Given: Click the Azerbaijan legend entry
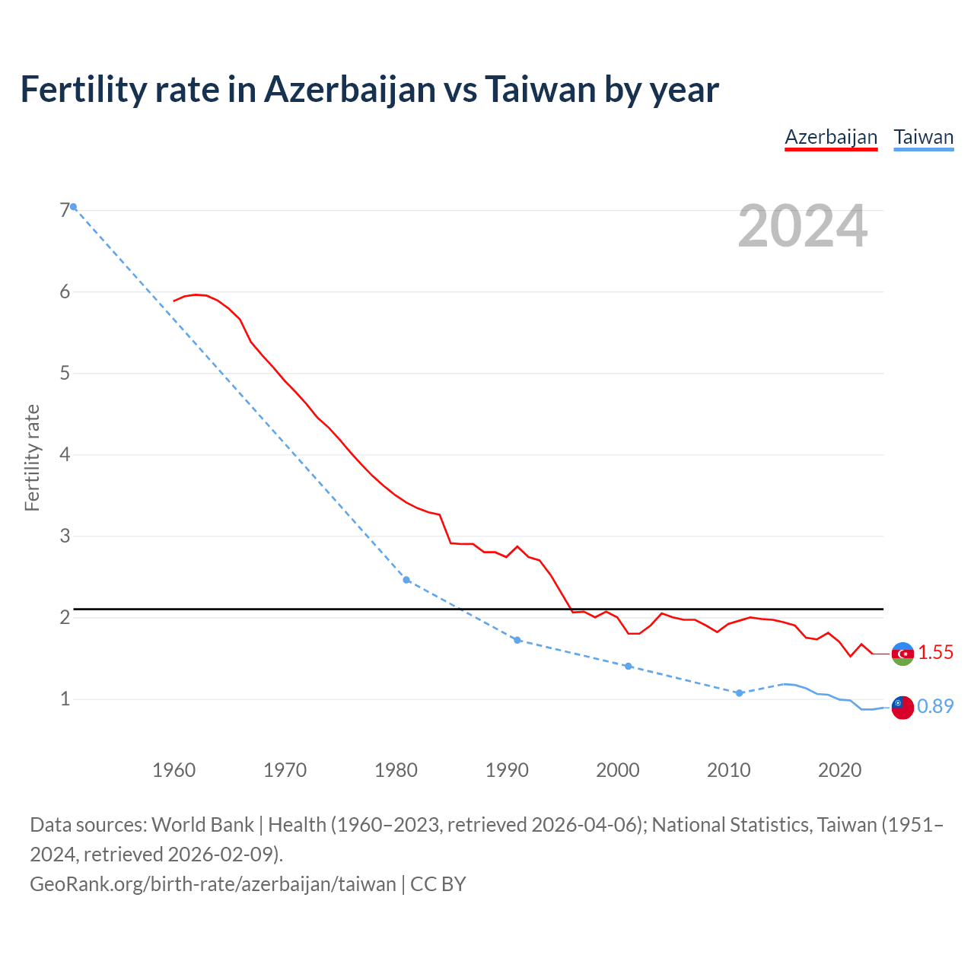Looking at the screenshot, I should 831,138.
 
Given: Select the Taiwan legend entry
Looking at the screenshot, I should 923,138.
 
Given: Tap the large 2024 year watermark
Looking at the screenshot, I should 802,226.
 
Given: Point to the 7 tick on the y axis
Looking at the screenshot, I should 65,211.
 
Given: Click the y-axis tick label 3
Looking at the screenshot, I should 65,536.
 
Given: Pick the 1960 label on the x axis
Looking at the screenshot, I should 173,770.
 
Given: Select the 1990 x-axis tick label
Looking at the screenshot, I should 507,770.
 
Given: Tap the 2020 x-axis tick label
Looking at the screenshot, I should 839,770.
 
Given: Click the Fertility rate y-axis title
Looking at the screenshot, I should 32,458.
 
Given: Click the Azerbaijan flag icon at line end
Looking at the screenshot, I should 902,654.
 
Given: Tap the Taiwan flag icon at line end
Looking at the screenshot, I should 902,707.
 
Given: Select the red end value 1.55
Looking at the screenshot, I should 935,653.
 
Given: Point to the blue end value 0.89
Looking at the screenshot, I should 935,707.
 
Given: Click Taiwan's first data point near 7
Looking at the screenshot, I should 73,207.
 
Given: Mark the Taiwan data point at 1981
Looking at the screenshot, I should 406,580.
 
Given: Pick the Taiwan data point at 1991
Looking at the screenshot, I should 517,640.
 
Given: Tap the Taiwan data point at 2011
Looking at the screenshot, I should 739,693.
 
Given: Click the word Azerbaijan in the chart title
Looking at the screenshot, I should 349,89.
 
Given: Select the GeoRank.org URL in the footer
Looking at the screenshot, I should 213,884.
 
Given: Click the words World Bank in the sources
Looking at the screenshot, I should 203,825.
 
